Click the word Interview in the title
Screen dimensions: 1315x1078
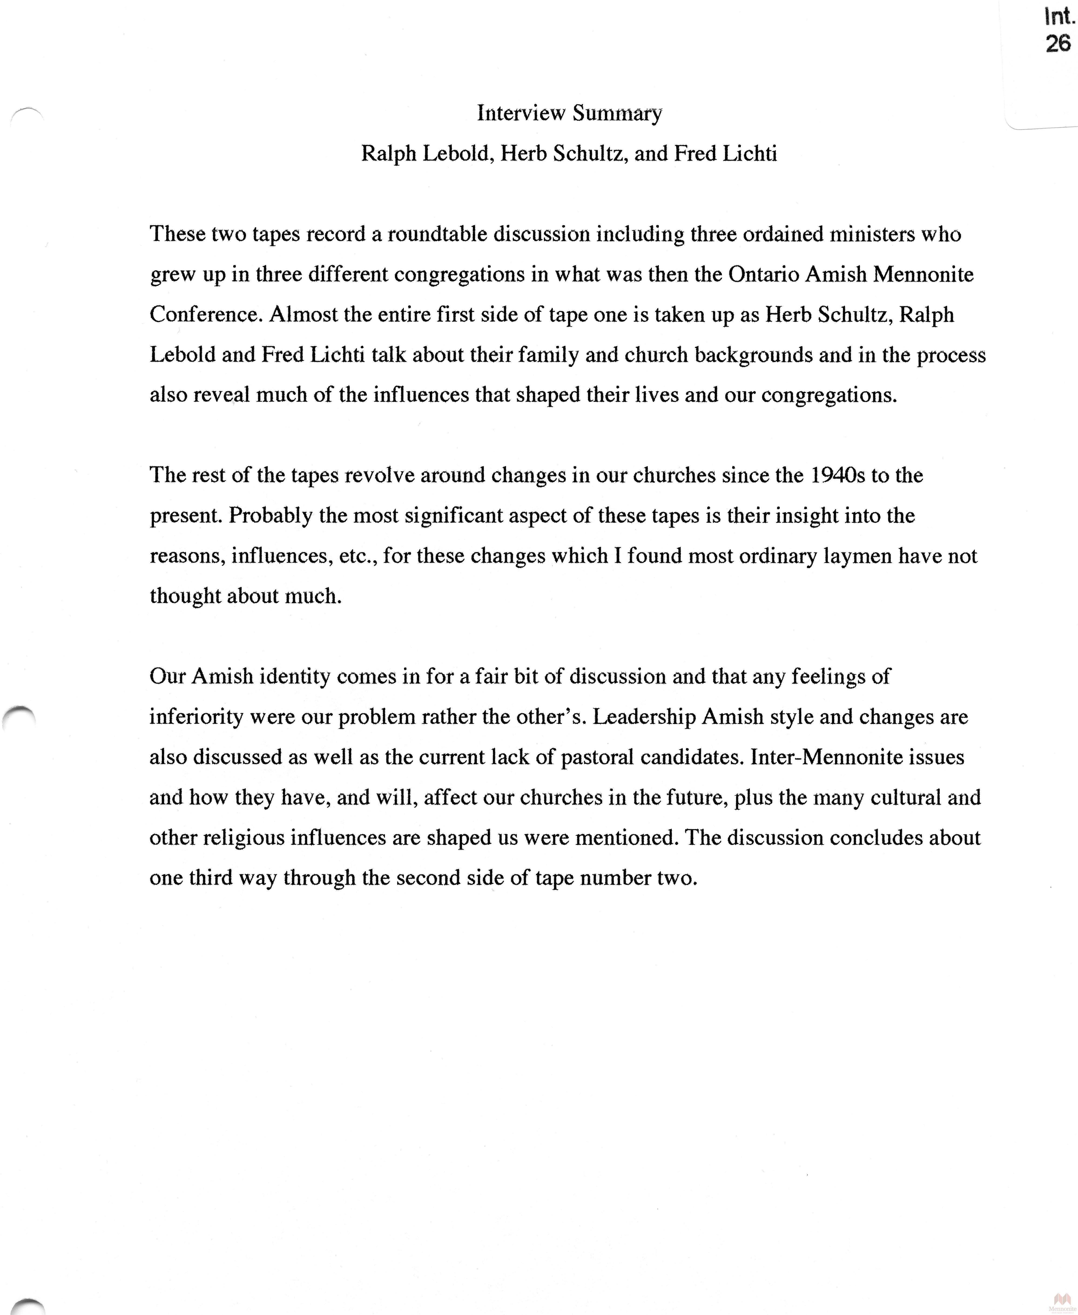point(521,113)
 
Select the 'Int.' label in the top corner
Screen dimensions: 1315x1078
point(1059,17)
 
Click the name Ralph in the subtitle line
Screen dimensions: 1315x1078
point(389,153)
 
